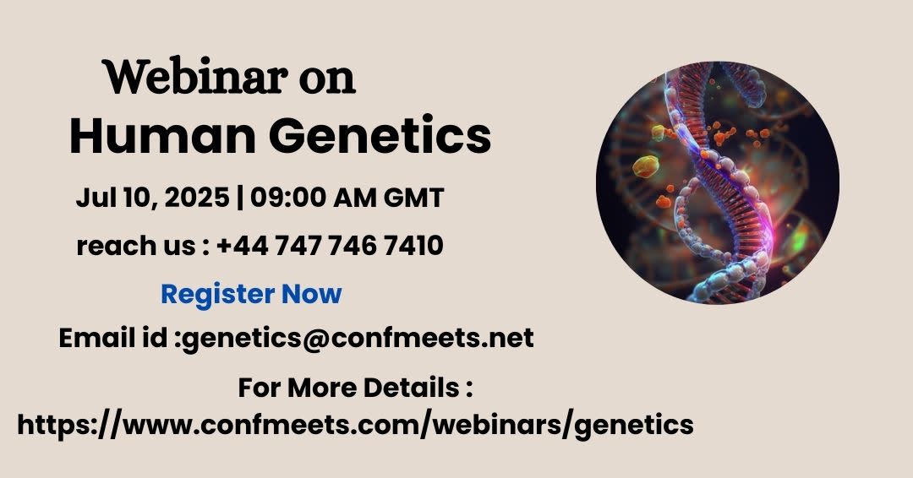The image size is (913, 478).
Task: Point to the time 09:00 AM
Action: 314,198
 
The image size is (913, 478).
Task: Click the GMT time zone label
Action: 413,198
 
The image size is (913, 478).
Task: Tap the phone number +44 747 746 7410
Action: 330,246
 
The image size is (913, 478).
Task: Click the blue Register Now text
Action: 251,294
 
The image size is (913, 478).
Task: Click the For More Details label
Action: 354,388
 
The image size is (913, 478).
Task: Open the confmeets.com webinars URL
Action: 355,425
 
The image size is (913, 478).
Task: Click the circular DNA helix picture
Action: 718,182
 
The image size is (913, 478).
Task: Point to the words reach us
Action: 135,246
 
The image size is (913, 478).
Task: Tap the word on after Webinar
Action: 327,80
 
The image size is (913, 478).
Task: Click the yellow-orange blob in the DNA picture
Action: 646,166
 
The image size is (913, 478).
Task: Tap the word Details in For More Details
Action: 411,388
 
